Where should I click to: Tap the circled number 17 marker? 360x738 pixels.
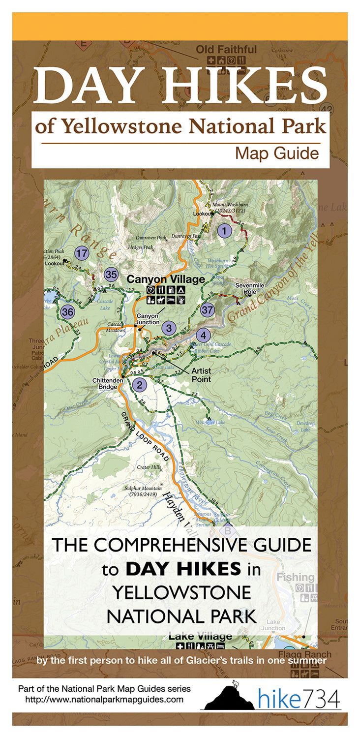click(82, 254)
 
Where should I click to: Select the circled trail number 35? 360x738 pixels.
click(112, 275)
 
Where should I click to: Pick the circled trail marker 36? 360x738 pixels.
click(67, 311)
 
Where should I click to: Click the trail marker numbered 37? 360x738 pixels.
click(208, 310)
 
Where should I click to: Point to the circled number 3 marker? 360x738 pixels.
click(169, 328)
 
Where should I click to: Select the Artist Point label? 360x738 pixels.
click(202, 375)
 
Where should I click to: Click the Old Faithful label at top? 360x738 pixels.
click(226, 50)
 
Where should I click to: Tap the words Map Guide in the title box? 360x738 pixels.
click(277, 153)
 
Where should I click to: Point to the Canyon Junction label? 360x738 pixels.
click(148, 319)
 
